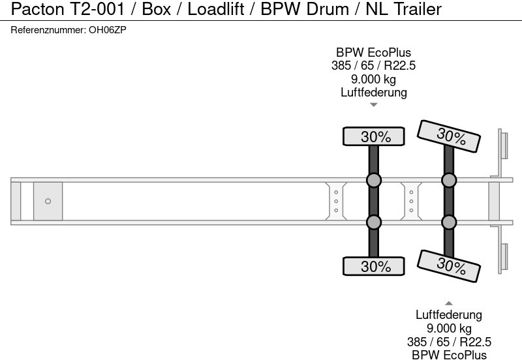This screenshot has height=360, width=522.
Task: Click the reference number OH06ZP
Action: (x=108, y=30)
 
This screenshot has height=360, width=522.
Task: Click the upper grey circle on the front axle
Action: (x=374, y=180)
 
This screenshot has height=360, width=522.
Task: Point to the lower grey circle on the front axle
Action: (x=374, y=222)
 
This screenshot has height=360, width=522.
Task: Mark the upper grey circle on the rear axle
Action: (x=449, y=180)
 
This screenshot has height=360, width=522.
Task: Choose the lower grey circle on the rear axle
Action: (x=449, y=222)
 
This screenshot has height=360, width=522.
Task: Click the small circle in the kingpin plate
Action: (x=48, y=201)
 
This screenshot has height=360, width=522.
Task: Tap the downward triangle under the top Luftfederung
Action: (x=374, y=104)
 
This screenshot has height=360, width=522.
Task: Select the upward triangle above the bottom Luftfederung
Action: (x=449, y=303)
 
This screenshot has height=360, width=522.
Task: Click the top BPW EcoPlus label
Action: (x=374, y=52)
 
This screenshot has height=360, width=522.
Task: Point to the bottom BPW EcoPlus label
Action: (x=449, y=354)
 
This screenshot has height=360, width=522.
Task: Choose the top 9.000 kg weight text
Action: (x=374, y=79)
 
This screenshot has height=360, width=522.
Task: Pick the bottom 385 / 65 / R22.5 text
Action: (x=449, y=341)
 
